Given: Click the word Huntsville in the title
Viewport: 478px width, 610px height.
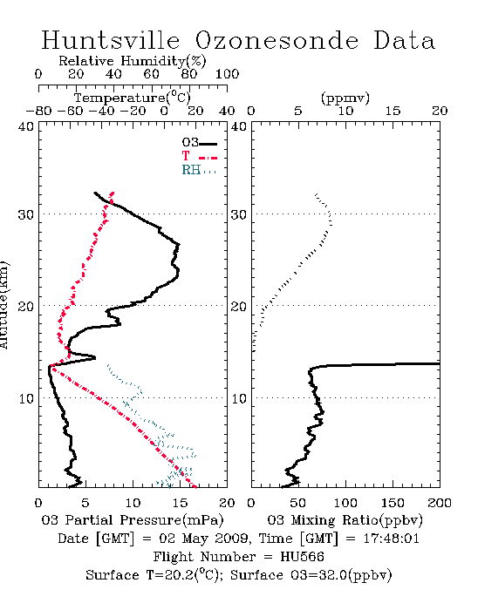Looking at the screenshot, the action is pos(111,40).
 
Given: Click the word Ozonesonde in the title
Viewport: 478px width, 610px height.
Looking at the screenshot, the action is pos(277,40).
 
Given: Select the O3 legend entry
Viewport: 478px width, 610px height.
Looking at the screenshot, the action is pos(199,143).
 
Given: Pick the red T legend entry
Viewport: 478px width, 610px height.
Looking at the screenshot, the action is pos(199,156).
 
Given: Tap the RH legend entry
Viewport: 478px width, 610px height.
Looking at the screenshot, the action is pos(199,170).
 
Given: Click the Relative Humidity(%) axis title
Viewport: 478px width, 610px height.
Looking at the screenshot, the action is pos(132,61).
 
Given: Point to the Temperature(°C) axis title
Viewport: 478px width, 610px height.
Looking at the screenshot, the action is pos(132,98).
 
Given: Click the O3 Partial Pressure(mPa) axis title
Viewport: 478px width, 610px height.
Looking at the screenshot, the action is pos(133,520).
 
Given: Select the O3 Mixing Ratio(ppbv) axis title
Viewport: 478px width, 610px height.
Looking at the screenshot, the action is pos(345,520).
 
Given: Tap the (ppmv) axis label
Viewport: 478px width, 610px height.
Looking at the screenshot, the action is pos(345,98).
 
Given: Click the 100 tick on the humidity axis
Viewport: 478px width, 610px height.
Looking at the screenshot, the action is pos(227,74).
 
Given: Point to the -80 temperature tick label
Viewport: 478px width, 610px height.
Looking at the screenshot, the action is pos(38,112).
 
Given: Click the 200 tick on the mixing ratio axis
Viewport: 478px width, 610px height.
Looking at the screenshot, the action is pos(440,503).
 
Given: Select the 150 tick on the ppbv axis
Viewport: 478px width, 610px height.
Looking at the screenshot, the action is pos(393,503).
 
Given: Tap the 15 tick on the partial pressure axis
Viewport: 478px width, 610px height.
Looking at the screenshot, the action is pos(180,503).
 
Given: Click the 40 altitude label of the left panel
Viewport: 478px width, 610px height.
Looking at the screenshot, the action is pos(26,127).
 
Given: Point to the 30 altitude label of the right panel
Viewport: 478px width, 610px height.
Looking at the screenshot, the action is pos(239,214).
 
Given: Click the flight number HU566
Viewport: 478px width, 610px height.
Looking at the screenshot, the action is pos(302,557).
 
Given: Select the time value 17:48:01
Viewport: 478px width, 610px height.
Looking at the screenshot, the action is pos(391,539).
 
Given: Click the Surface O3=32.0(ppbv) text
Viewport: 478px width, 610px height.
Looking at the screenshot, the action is pos(311,575).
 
